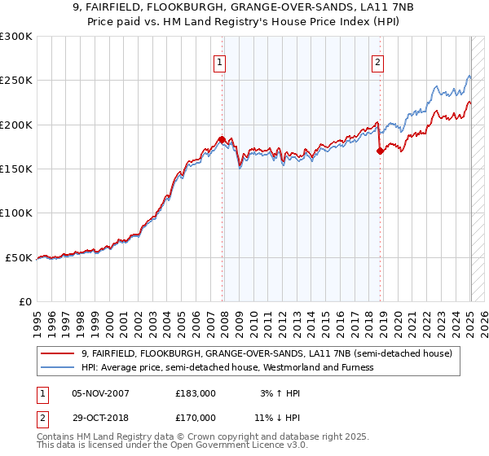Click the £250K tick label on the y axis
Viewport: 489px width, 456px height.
pyautogui.click(x=15, y=81)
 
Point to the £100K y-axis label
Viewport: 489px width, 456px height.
pyautogui.click(x=15, y=213)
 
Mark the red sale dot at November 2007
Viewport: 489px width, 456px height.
pyautogui.click(x=222, y=139)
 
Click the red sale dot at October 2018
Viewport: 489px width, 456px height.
pyautogui.click(x=380, y=151)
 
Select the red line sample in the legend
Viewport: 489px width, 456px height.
pyautogui.click(x=59, y=353)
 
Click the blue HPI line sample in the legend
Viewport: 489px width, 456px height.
pyautogui.click(x=59, y=367)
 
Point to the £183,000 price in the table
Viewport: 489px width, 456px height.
pyautogui.click(x=196, y=393)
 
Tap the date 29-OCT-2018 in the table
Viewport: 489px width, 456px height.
pyautogui.click(x=101, y=418)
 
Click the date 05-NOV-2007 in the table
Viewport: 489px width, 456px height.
pyautogui.click(x=101, y=393)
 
